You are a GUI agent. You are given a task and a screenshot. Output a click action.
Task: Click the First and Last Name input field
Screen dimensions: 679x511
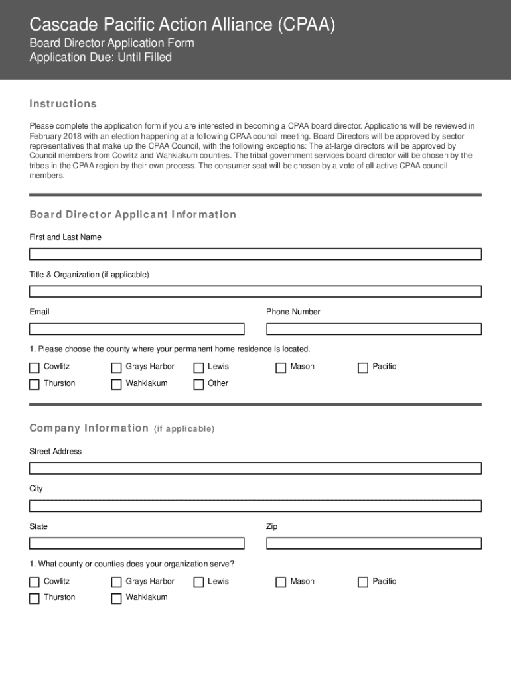coord(255,254)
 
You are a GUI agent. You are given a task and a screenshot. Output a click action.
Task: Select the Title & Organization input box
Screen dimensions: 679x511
coord(255,291)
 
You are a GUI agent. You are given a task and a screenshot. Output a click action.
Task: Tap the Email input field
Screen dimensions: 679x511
coord(137,329)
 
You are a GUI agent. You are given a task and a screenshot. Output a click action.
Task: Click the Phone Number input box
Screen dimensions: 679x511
coord(374,329)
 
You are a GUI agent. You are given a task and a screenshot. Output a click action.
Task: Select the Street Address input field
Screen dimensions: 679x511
coord(255,468)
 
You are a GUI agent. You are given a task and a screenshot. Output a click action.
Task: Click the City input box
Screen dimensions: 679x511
coord(255,506)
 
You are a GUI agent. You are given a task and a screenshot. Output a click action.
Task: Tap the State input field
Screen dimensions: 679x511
coord(137,544)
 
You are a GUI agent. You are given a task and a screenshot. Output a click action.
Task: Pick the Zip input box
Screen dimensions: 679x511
coord(374,544)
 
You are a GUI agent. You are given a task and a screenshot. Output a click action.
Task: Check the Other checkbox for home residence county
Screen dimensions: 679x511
coord(198,384)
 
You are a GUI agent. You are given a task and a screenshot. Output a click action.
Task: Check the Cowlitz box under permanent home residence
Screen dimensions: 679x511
coord(35,367)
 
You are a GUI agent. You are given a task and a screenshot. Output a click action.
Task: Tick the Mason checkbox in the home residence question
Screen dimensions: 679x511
coord(281,367)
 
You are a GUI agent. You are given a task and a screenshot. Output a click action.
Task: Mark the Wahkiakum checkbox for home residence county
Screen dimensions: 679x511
coord(116,384)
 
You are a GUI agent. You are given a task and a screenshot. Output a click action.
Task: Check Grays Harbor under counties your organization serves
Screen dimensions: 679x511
coord(116,582)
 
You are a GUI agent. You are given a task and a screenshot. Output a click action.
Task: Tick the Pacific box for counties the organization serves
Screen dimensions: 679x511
coord(363,582)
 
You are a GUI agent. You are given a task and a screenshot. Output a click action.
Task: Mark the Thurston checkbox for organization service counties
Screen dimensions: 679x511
coord(35,599)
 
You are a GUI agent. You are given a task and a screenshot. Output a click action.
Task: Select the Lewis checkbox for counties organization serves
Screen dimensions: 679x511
coord(198,582)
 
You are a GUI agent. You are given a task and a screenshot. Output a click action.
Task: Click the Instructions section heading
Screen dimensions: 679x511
coord(63,104)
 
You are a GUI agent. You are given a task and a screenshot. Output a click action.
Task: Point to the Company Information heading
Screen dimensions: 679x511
coord(89,428)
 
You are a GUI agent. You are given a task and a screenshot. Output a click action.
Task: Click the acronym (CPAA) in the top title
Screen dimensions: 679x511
coord(307,25)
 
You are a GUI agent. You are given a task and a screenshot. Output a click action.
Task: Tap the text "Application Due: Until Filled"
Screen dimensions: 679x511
coord(100,58)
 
